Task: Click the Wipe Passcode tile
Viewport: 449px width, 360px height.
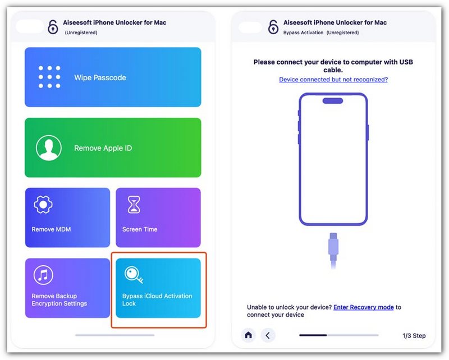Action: [x=113, y=77]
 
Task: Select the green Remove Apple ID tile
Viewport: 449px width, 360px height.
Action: [x=113, y=148]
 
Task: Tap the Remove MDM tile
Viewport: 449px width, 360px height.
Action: [x=67, y=218]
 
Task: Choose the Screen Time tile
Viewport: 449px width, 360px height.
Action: [x=158, y=218]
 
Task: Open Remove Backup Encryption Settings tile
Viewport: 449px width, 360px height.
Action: [x=67, y=288]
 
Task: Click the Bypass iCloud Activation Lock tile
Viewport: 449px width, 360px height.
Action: [x=158, y=288]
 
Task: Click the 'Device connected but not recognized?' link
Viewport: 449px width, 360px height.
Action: [x=333, y=80]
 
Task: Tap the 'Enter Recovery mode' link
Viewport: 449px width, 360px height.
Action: [x=363, y=307]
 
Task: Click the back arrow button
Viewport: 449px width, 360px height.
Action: [x=268, y=335]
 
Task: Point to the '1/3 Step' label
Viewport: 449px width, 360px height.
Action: [x=414, y=336]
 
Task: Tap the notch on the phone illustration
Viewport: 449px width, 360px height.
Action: [x=333, y=101]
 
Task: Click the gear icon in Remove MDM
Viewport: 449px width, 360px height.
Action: [x=43, y=205]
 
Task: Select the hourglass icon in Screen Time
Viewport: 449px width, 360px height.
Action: [x=134, y=205]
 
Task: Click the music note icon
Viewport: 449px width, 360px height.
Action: [x=43, y=275]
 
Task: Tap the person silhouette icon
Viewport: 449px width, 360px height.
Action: [x=49, y=148]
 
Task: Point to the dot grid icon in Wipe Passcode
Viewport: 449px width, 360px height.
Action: [x=49, y=77]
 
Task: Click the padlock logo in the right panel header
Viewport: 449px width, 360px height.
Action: [x=273, y=27]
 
